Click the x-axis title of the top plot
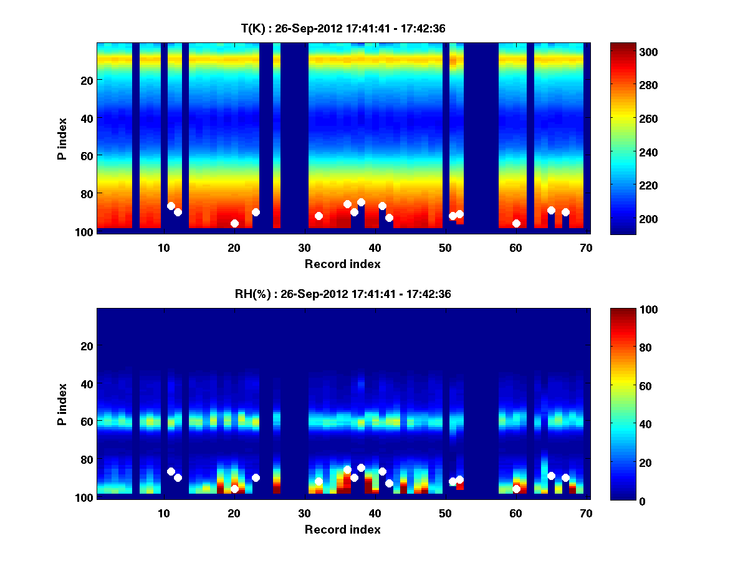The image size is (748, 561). coord(342,264)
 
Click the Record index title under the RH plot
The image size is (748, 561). coord(342,529)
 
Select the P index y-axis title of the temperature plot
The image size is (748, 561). coord(62,138)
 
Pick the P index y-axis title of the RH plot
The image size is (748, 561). coord(62,404)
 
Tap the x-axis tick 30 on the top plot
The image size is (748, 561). coord(304,247)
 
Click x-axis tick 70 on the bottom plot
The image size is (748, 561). coord(586,513)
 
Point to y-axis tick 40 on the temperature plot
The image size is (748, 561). coord(86,118)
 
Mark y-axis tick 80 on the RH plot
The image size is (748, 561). coord(86,459)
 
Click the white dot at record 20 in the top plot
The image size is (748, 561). coord(234,223)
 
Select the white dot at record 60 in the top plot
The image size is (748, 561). coord(516,223)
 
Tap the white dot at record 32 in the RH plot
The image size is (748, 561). coord(319,481)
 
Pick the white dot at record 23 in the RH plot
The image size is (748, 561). coord(256,477)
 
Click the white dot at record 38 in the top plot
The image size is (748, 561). coord(361,202)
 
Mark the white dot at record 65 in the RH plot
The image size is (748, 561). coord(551,476)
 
